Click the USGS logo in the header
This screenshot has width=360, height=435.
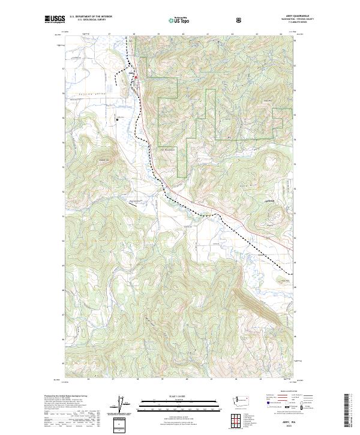coord(55,20)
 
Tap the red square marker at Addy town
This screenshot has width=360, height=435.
coord(136,77)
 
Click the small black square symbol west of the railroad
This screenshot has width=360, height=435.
coord(118,119)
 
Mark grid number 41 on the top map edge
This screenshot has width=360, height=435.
coord(207,34)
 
